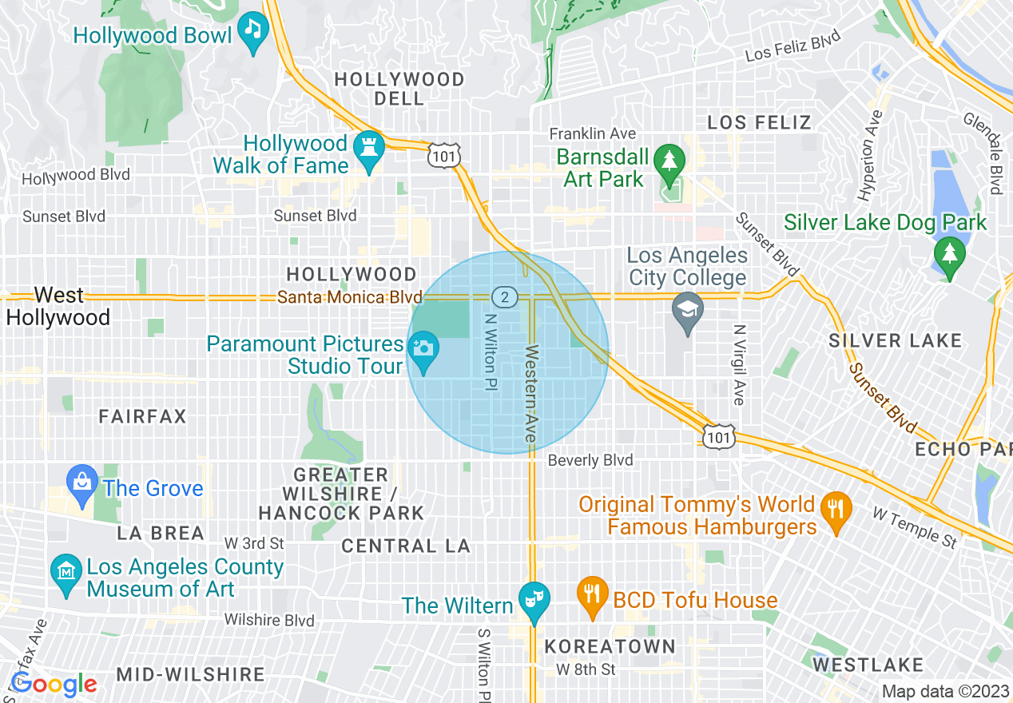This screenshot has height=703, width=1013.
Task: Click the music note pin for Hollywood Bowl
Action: [x=253, y=31]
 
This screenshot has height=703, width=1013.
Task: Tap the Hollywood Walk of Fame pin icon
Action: [x=368, y=149]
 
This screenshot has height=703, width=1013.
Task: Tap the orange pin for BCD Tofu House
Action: [x=592, y=595]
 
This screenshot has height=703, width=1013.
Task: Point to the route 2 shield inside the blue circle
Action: [x=503, y=297]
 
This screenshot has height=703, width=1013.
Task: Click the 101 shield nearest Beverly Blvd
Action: [x=717, y=436]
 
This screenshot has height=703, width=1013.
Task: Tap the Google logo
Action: [x=54, y=684]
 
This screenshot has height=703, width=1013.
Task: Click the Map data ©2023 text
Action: [x=945, y=692]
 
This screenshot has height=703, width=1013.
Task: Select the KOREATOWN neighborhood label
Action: [x=610, y=646]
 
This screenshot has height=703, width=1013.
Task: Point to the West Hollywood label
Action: [x=58, y=307]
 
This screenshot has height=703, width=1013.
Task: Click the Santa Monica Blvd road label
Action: [x=349, y=297]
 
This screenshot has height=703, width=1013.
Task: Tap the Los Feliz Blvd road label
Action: [x=793, y=46]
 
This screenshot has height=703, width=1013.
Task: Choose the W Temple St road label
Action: [x=914, y=528]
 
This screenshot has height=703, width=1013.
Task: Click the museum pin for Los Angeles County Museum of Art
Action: [x=65, y=572]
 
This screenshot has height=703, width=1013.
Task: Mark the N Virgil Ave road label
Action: [x=739, y=364]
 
